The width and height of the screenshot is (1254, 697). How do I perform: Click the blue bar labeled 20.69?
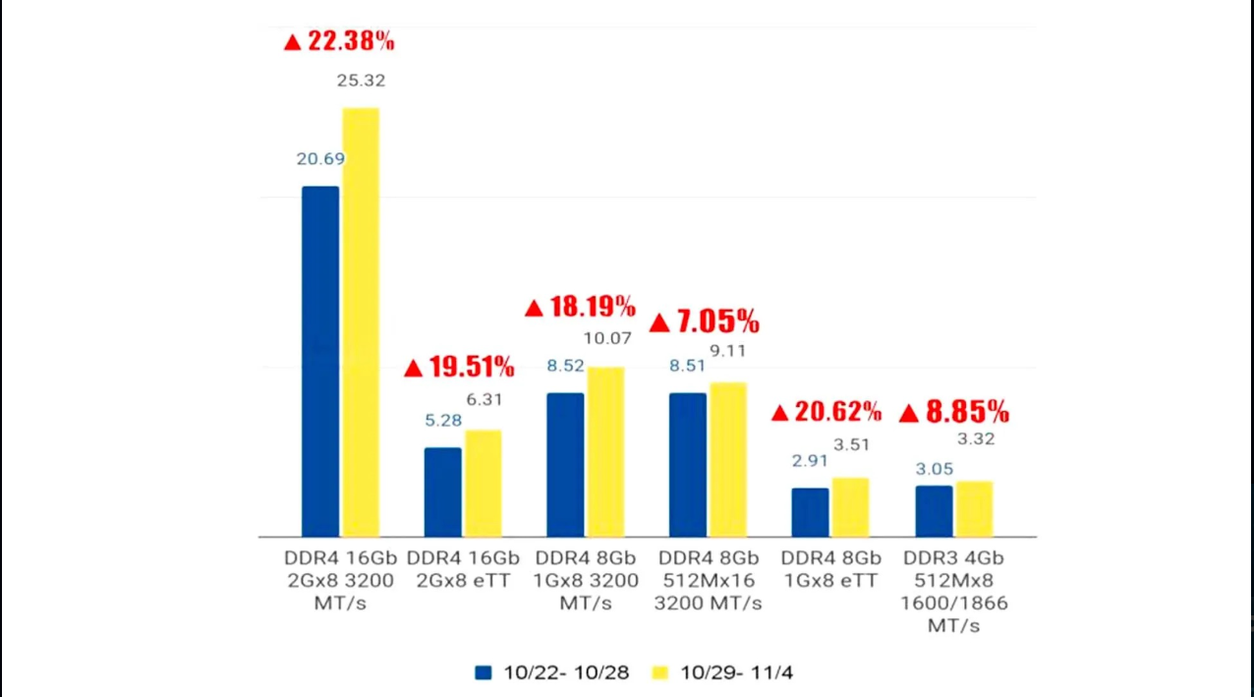(320, 361)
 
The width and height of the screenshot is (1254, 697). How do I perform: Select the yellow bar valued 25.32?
(361, 321)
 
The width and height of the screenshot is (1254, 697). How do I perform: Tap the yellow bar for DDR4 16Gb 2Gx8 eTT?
(483, 483)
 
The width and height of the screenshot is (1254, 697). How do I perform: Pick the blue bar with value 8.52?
(565, 464)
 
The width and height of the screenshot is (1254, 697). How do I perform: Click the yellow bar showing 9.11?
(728, 459)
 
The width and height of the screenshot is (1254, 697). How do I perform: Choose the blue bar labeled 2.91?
(810, 511)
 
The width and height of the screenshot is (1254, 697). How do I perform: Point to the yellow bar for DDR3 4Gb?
(974, 508)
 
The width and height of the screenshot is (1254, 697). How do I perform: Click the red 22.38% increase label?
(339, 41)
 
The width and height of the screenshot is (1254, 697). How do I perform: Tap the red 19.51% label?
(460, 369)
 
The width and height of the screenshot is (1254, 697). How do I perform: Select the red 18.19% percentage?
(581, 307)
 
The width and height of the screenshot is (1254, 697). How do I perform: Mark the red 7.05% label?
(705, 321)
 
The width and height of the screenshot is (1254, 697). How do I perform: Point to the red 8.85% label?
(954, 412)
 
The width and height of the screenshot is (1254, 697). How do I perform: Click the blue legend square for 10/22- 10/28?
(483, 672)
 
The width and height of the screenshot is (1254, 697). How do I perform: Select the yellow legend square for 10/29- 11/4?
(660, 672)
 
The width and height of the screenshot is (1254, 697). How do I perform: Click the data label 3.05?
(935, 469)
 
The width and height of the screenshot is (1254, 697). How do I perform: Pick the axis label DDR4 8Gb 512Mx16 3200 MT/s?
(708, 580)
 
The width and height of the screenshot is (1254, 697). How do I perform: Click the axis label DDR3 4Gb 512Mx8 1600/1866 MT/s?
(954, 591)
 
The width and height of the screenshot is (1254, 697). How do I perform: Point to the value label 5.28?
(443, 420)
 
